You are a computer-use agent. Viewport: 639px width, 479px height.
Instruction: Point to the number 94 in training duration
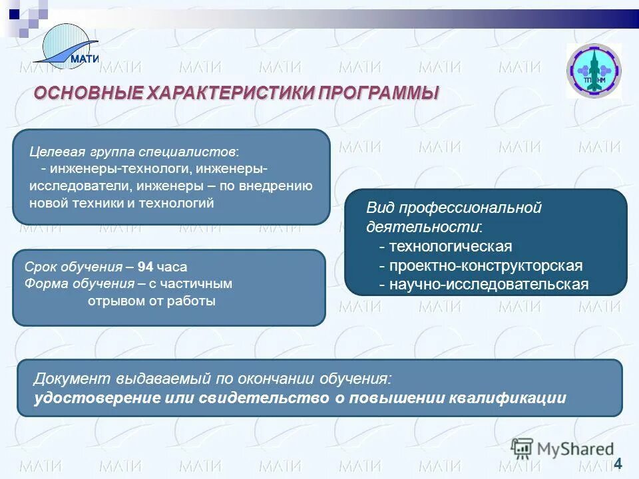[146, 267]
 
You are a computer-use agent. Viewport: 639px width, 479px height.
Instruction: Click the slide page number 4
[618, 463]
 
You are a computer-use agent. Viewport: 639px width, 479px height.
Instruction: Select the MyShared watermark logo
[562, 449]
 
